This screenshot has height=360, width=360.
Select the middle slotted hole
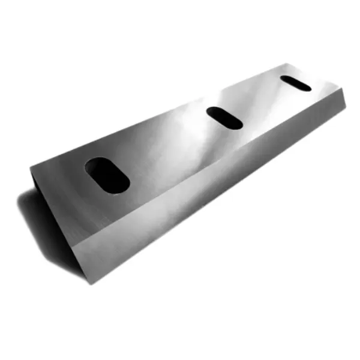click(224, 118)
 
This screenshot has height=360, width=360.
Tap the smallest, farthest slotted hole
click(295, 83)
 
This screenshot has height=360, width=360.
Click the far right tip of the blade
click(346, 107)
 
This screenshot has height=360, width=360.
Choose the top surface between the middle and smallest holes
click(261, 102)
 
